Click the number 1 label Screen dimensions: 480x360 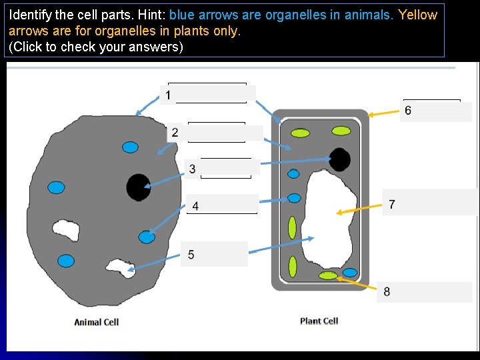click(169, 95)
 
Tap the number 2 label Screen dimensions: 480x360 click(175, 133)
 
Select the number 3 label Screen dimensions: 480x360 click(193, 169)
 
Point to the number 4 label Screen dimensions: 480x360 click(195, 206)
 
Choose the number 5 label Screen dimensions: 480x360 click(191, 255)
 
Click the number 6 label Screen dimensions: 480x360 click(408, 111)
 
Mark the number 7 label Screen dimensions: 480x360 click(392, 204)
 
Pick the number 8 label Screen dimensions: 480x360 click(387, 291)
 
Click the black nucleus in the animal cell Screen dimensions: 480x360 click(139, 187)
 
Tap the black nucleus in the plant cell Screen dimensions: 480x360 click(339, 160)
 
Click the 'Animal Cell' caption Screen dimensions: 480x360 click(97, 322)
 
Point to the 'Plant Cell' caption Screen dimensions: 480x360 click(319, 321)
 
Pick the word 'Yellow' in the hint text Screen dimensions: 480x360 click(417, 15)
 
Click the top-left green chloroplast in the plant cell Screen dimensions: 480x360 click(300, 133)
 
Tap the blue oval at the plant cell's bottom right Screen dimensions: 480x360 click(349, 272)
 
